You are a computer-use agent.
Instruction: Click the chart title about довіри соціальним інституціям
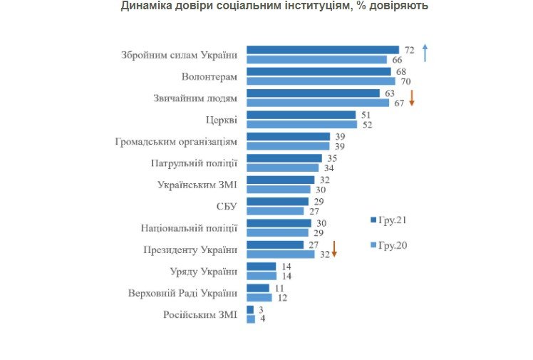pyautogui.click(x=274, y=6)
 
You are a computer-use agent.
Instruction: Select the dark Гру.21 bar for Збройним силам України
pyautogui.click(x=322, y=50)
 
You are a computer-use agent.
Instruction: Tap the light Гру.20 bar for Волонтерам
pyautogui.click(x=320, y=81)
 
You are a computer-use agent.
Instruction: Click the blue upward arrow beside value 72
pyautogui.click(x=425, y=53)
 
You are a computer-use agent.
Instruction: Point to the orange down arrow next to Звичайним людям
pyautogui.click(x=411, y=98)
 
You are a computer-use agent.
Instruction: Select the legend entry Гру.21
pyautogui.click(x=389, y=220)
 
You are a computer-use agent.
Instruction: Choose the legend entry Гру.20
pyautogui.click(x=389, y=245)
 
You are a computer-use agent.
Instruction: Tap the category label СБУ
pyautogui.click(x=227, y=206)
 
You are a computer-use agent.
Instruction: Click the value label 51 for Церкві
pyautogui.click(x=367, y=115)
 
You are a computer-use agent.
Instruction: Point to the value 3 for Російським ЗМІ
pyautogui.click(x=261, y=309)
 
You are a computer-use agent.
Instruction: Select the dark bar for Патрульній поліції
pyautogui.click(x=284, y=158)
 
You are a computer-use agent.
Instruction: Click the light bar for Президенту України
pyautogui.click(x=280, y=254)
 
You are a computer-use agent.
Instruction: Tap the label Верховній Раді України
pyautogui.click(x=183, y=292)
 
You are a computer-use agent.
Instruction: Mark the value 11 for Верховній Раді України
pyautogui.click(x=279, y=288)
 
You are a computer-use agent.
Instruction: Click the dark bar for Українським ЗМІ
pyautogui.click(x=280, y=180)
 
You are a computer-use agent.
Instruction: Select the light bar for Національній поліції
pyautogui.click(x=277, y=232)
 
